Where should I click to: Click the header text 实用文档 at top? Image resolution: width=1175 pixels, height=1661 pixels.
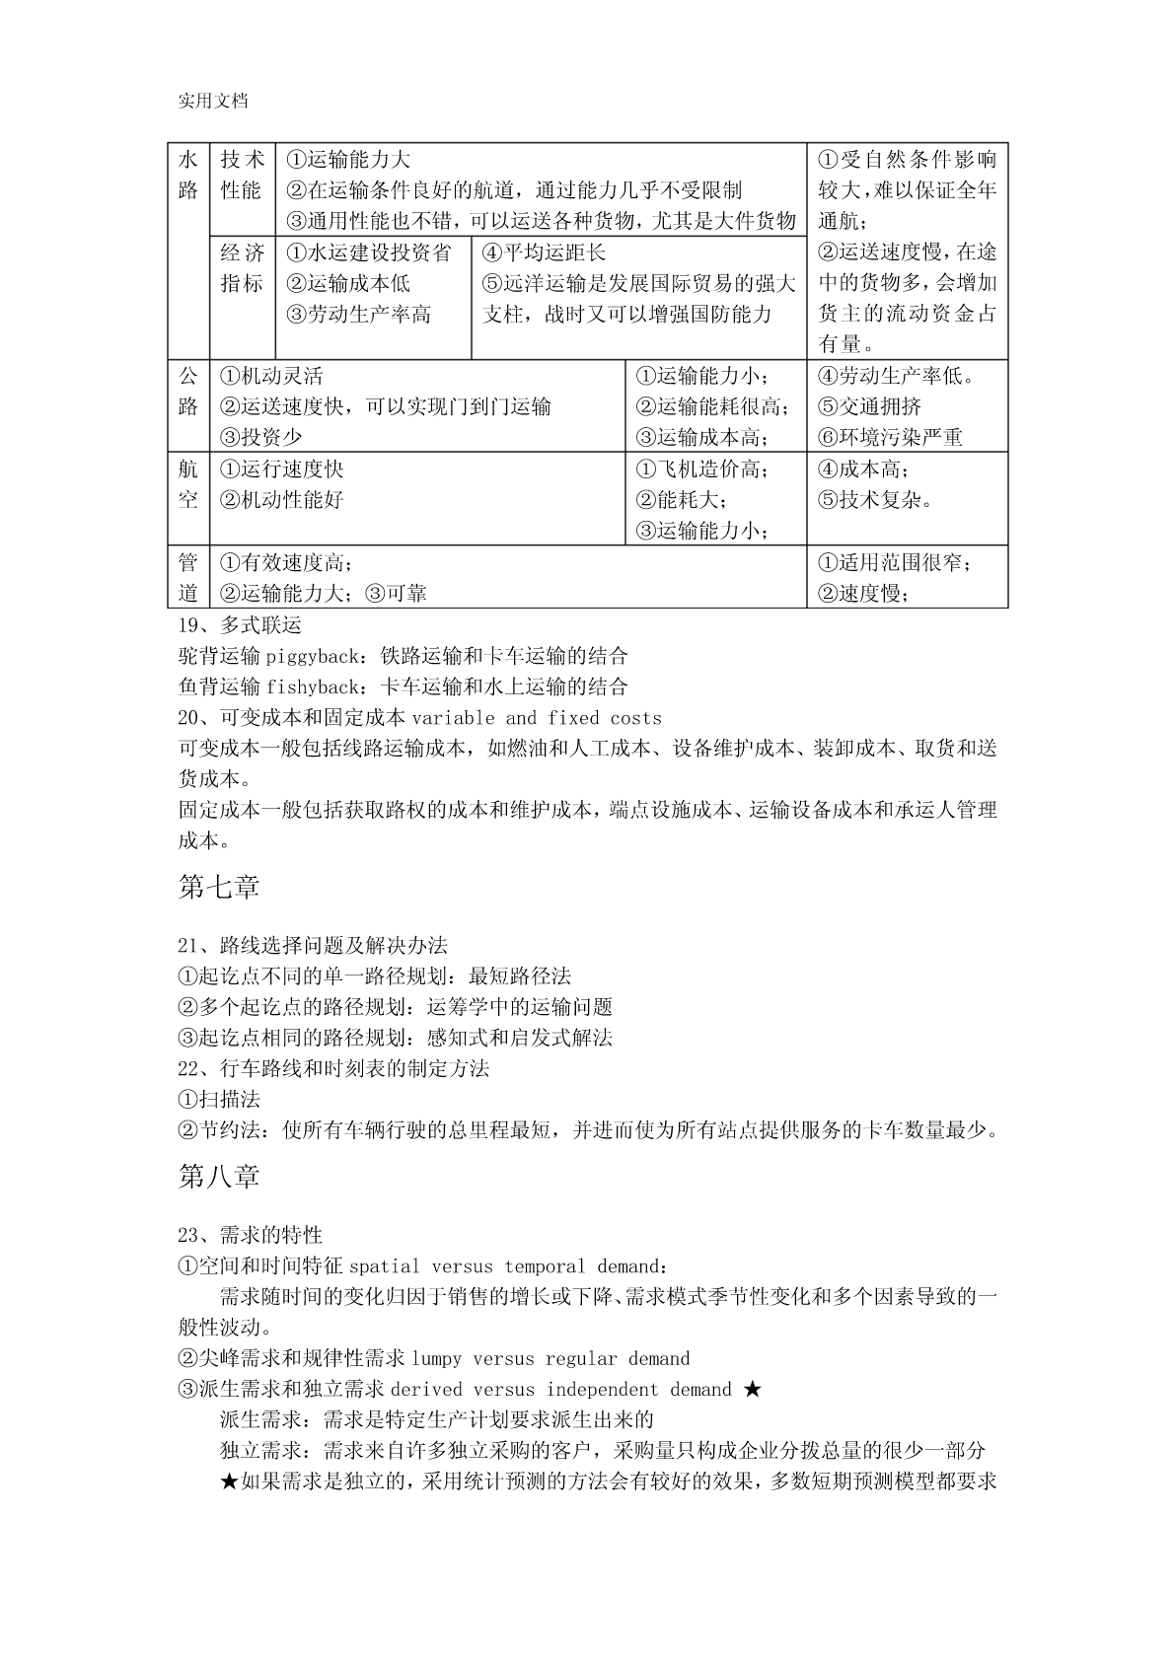coord(213,101)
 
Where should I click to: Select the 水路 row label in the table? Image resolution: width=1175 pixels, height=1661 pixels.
coord(188,175)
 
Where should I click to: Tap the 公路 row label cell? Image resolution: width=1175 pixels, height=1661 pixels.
coord(188,391)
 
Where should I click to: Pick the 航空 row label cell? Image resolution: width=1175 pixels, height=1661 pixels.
coord(188,483)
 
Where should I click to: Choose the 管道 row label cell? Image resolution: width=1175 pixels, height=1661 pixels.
coord(188,577)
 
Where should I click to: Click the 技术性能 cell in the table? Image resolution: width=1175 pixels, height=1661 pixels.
coord(242,175)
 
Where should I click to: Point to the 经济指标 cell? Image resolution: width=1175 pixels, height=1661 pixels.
coord(242,268)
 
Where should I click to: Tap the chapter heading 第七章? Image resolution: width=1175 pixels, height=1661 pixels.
coord(219,888)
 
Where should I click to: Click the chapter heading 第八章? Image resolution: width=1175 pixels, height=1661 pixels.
coord(219,1177)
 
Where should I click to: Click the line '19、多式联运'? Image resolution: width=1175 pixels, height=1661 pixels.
coord(240,625)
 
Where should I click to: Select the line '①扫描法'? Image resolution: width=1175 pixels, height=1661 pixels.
coord(219,1099)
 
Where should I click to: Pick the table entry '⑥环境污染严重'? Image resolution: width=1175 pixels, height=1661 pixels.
coord(890,437)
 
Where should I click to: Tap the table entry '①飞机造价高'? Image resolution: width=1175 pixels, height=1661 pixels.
coord(701,469)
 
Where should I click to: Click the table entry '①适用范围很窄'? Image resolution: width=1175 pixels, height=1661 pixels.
coord(893,563)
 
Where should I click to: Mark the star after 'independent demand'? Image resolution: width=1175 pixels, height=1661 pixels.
coord(753,1390)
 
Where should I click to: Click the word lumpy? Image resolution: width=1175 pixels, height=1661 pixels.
coord(436,1359)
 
